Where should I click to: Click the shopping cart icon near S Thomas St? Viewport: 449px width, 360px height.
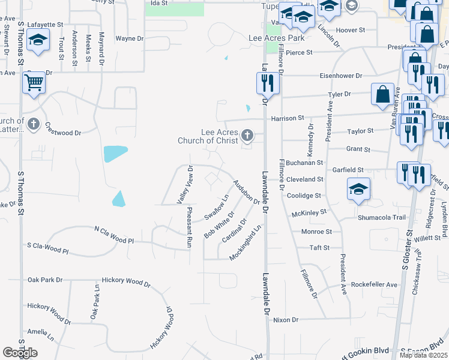tap(34, 82)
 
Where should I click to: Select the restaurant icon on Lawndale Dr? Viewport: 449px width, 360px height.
tap(268, 82)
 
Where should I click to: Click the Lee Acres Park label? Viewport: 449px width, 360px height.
tap(277, 38)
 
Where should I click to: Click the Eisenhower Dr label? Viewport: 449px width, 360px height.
tap(341, 76)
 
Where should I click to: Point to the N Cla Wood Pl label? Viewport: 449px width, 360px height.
tap(115, 233)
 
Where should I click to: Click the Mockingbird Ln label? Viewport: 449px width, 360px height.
tap(246, 243)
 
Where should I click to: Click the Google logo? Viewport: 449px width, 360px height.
tap(20, 353)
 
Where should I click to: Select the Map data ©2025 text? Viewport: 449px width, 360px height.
tap(423, 355)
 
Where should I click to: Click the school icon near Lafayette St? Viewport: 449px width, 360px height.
tap(38, 40)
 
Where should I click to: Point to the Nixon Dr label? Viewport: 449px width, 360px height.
tap(285, 320)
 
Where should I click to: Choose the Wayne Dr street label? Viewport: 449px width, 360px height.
tap(129, 38)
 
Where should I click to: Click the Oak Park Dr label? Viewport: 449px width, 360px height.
tap(45, 280)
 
